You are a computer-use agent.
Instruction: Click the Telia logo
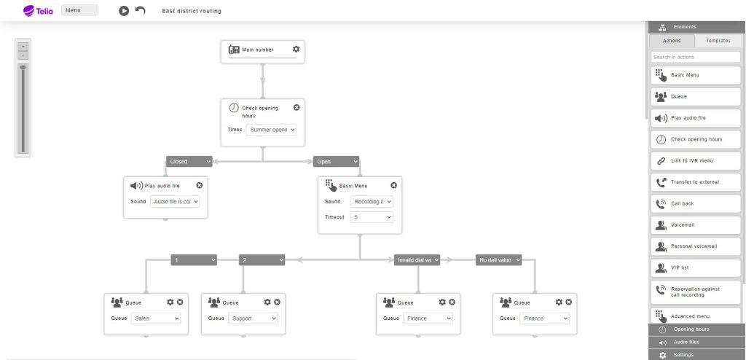click(x=39, y=11)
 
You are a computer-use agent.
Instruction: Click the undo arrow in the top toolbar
click(x=141, y=11)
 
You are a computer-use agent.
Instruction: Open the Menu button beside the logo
click(x=79, y=11)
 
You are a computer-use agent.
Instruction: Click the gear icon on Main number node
click(x=296, y=50)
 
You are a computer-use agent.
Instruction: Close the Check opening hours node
click(x=297, y=108)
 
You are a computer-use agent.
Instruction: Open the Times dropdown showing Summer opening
click(x=271, y=130)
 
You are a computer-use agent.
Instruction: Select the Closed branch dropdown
click(x=189, y=161)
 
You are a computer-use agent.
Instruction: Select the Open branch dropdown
click(x=336, y=161)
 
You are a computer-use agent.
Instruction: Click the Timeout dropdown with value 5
click(x=372, y=217)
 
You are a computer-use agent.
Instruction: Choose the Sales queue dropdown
click(x=156, y=318)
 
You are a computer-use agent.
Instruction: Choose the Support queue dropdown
click(x=254, y=318)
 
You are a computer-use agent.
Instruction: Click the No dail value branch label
click(x=499, y=259)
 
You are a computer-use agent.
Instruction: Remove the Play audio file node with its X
click(x=200, y=186)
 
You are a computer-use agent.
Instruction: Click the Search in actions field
click(x=695, y=57)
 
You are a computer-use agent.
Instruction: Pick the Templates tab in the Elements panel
click(x=718, y=41)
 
